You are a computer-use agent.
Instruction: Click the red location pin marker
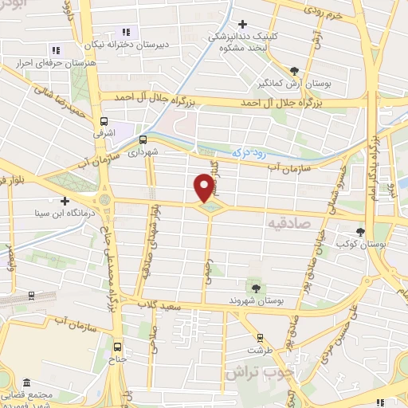pyautogui.click(x=204, y=186)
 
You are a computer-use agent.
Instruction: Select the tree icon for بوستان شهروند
pyautogui.click(x=255, y=288)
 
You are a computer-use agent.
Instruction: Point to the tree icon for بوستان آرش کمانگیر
pyautogui.click(x=295, y=71)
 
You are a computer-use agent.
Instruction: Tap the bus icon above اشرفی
pyautogui.click(x=104, y=122)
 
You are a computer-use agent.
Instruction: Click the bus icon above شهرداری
pyautogui.click(x=142, y=135)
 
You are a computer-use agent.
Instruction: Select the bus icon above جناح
pyautogui.click(x=118, y=347)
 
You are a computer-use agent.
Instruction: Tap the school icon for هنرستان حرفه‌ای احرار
pyautogui.click(x=54, y=49)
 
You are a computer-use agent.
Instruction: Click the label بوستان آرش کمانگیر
pyautogui.click(x=295, y=84)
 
